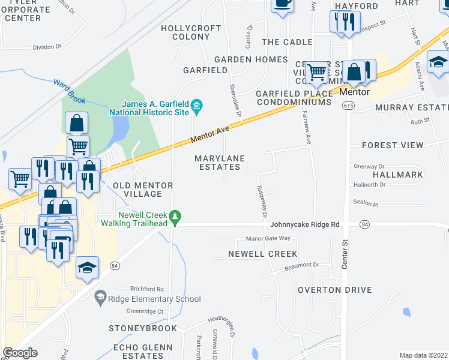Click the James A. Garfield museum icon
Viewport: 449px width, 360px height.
[x=197, y=107]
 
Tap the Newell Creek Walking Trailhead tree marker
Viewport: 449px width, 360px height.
[x=175, y=216]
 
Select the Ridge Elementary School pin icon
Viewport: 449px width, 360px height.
[x=100, y=297]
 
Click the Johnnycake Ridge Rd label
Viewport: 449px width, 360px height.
[x=305, y=224]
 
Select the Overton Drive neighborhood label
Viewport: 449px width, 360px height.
[x=335, y=290]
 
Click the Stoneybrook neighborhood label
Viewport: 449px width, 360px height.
[x=143, y=328]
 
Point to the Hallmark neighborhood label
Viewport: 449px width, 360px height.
[x=397, y=175]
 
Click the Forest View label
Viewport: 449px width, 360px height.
[x=393, y=145]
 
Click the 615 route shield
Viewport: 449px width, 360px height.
[x=349, y=105]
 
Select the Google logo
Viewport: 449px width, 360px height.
[x=20, y=353]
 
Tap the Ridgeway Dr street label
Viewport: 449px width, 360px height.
[x=262, y=202]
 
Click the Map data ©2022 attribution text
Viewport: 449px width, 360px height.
[x=423, y=355]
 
